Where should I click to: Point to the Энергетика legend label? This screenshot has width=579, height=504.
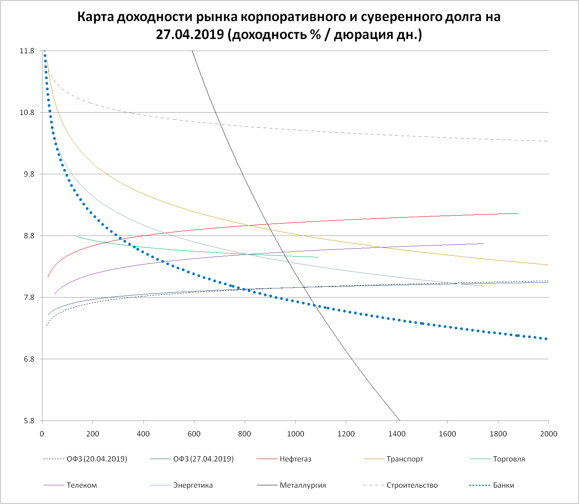click(x=193, y=485)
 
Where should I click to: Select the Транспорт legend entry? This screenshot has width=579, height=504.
click(x=405, y=459)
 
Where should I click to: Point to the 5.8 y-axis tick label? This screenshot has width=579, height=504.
click(x=29, y=421)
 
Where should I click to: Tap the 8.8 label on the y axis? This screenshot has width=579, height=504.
click(x=29, y=236)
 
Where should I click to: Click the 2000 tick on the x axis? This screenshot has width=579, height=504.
click(x=548, y=434)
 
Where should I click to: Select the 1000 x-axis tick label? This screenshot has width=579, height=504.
click(x=295, y=434)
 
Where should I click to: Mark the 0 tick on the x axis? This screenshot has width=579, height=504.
click(x=42, y=434)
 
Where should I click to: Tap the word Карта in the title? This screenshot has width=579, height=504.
click(x=95, y=17)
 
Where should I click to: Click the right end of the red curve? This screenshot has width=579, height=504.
click(x=517, y=213)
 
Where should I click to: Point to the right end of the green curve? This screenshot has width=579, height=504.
click(x=318, y=257)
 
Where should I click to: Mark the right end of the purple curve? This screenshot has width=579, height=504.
click(x=483, y=243)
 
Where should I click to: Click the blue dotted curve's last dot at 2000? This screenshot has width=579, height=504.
click(x=546, y=339)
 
